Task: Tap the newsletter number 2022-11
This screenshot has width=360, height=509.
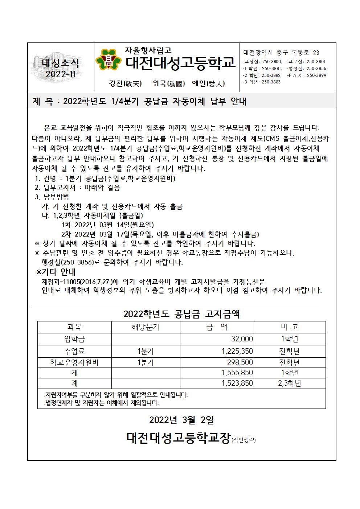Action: coord(61,74)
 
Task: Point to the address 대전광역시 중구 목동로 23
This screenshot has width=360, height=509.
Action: coord(281,53)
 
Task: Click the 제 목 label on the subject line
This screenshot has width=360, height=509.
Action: coord(43,102)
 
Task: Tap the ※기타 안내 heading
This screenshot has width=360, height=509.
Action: coord(56,272)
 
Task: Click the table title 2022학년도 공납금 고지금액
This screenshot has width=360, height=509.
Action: coord(181,314)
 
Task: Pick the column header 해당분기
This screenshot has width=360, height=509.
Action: coord(145,327)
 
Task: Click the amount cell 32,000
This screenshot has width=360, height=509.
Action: coord(242,339)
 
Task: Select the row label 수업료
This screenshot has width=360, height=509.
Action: coord(75,351)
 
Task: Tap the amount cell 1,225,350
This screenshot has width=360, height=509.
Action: coord(237,351)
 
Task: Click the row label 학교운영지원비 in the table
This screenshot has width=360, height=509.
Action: coord(75,362)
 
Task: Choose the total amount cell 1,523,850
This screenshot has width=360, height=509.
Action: coord(237,383)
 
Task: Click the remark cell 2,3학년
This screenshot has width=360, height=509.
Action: coord(289,383)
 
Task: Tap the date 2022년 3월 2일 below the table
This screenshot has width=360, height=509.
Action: coord(181,420)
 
